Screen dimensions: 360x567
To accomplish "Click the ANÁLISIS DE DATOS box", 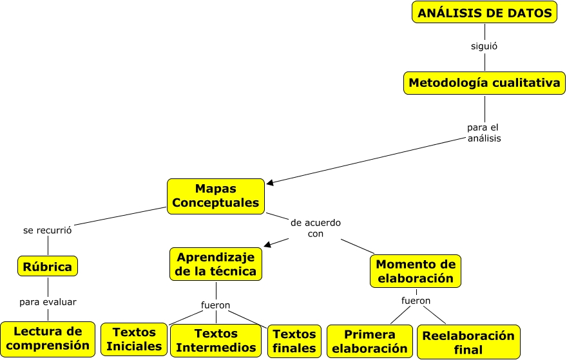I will coord(484,12).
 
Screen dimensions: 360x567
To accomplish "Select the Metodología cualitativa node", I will coord(485,82).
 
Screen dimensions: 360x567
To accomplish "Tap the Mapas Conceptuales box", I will coord(216,196).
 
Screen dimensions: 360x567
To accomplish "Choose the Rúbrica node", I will coord(48,266).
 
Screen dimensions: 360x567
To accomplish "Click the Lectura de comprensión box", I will coord(48,339).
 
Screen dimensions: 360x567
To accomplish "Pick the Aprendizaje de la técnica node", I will coord(216,264).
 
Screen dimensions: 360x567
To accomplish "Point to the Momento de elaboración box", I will coord(416,271).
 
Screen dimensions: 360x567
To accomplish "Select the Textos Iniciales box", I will coord(134,339).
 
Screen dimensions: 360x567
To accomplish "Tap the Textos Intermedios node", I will coord(216,340).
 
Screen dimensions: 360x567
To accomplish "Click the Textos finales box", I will coord(294,341).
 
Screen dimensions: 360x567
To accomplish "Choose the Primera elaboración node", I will coord(370,341).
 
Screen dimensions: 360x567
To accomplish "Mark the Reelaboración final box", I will coord(468,342).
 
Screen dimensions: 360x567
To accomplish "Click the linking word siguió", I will coord(484,46).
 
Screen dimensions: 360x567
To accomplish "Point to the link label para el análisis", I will coord(484,133).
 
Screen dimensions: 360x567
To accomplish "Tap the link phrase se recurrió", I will coord(47,229).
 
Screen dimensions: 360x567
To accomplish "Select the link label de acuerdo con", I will coord(316,228).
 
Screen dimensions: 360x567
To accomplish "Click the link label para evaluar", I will coord(48,301).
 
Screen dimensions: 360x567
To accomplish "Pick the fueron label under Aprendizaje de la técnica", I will coord(216,305).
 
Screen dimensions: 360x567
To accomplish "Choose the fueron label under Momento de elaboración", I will coord(416,300).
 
